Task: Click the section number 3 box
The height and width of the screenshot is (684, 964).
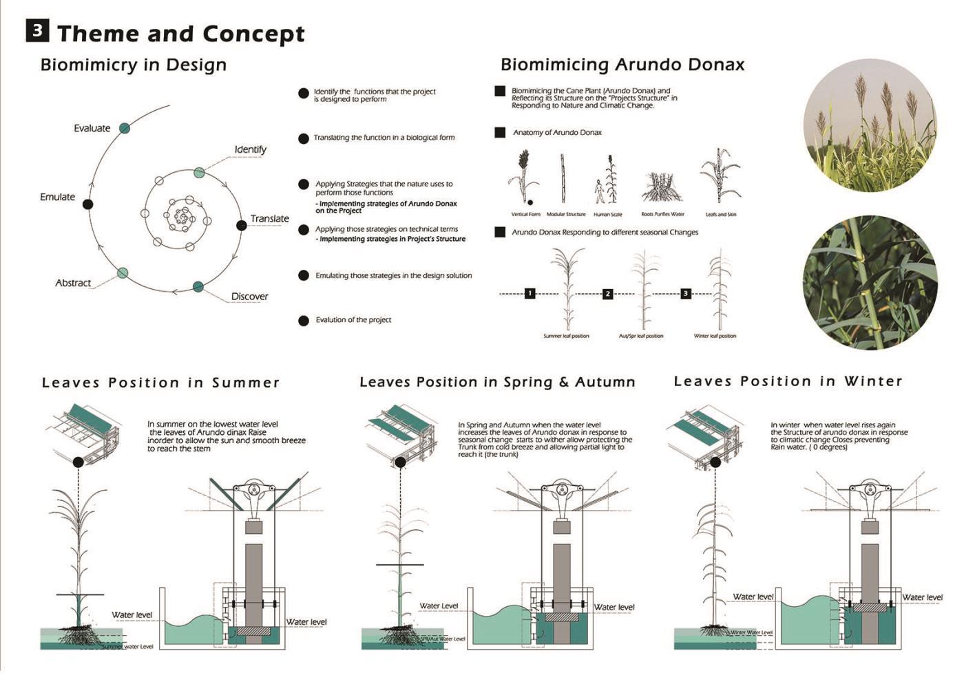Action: (38, 30)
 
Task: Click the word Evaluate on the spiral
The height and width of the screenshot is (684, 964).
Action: (92, 128)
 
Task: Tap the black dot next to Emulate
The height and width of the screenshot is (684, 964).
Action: (87, 204)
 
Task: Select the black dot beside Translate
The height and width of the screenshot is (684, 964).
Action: (241, 225)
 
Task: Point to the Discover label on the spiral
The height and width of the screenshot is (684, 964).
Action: (249, 297)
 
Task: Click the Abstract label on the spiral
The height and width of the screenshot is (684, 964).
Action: (73, 283)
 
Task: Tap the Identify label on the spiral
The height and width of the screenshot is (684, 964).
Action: (250, 149)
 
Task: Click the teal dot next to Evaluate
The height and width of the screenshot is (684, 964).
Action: (124, 127)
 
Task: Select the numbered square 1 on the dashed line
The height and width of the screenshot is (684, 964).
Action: (530, 293)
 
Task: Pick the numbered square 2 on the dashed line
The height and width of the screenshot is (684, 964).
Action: (607, 293)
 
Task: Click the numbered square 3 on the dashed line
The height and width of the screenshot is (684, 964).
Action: (685, 293)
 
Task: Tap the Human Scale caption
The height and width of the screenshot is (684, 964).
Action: (607, 215)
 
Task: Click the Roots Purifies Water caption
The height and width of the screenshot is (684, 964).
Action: (662, 214)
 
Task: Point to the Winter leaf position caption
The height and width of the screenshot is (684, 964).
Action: (715, 336)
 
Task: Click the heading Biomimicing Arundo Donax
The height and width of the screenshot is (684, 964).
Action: (622, 65)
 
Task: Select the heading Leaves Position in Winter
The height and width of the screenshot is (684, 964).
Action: (788, 381)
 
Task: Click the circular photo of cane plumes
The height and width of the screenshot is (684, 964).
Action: (870, 125)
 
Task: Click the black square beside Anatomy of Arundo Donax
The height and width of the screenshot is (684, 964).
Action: (501, 132)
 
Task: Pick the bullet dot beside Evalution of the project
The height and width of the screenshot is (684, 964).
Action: (303, 321)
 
